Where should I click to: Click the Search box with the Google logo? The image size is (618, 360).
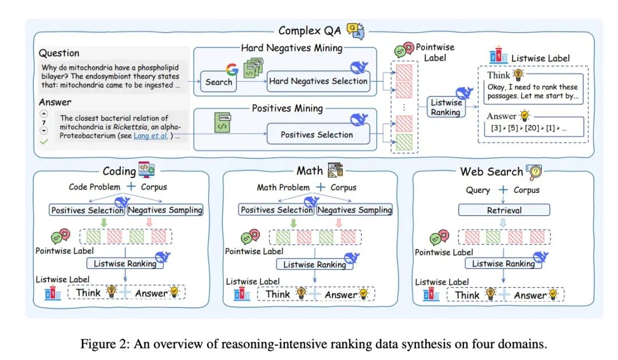tap(219, 82)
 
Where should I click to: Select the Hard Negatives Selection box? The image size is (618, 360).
tap(318, 81)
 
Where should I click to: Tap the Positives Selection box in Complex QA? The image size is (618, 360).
tap(316, 134)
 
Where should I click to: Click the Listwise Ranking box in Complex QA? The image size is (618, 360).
tap(446, 108)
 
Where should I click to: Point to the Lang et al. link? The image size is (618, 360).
tap(151, 136)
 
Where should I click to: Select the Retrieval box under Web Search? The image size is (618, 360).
tap(504, 210)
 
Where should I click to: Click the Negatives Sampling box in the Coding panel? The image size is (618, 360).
tap(165, 210)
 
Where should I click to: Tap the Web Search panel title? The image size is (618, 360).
tap(492, 172)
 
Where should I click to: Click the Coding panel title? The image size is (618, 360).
tap(119, 171)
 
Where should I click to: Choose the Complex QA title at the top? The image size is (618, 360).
tap(308, 30)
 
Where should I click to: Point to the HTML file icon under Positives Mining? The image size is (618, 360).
tap(222, 123)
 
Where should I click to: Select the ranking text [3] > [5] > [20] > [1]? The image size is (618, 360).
tap(527, 128)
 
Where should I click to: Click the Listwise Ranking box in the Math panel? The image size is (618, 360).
tap(314, 264)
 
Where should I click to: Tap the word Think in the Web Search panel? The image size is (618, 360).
tap(467, 295)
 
